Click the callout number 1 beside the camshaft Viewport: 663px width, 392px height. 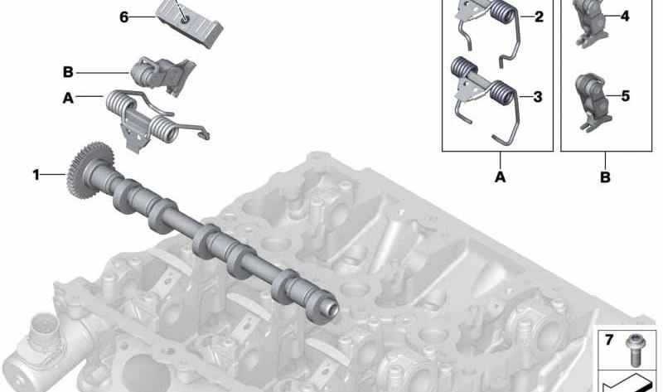pyautogui.click(x=36, y=174)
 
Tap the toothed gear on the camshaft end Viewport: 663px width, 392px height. pyautogui.click(x=88, y=170)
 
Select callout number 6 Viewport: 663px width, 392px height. pyautogui.click(x=123, y=17)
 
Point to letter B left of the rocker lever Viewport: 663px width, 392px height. pyautogui.click(x=68, y=72)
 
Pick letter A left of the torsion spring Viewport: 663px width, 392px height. pyautogui.click(x=68, y=98)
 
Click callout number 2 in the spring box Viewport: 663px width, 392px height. pyautogui.click(x=539, y=17)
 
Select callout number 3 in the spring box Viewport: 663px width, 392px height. pyautogui.click(x=538, y=97)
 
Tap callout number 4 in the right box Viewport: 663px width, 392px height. pyautogui.click(x=625, y=16)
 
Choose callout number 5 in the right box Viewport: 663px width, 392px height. pyautogui.click(x=626, y=96)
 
